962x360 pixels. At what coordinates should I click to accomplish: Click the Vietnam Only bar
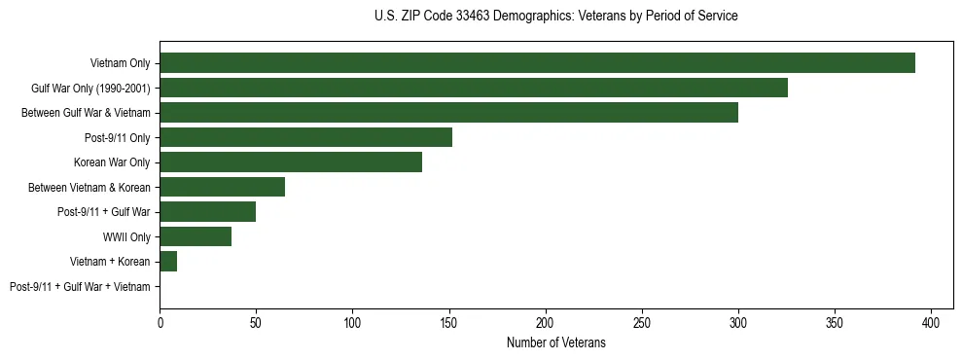[537, 63]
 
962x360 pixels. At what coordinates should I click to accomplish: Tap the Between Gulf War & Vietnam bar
[448, 113]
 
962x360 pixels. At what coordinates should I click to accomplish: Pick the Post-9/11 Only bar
[305, 137]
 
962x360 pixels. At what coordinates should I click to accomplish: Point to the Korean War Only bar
[291, 162]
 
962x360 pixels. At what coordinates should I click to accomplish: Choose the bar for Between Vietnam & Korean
[222, 187]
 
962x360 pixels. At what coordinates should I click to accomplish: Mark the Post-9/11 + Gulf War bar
[207, 212]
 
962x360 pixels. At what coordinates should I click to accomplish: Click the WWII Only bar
[196, 236]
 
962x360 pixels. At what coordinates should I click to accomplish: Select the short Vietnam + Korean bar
[168, 262]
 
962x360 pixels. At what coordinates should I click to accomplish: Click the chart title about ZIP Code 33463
[555, 16]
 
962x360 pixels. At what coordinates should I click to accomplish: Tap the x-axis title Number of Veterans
[555, 342]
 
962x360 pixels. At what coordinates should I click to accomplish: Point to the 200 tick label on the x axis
[546, 320]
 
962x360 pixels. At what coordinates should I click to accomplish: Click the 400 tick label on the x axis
[931, 320]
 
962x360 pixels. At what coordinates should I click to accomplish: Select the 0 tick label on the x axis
[160, 320]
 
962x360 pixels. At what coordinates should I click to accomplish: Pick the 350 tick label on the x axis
[835, 320]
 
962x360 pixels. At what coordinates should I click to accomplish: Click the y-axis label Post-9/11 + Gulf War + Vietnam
[80, 287]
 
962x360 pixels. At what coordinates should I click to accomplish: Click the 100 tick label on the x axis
[352, 320]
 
